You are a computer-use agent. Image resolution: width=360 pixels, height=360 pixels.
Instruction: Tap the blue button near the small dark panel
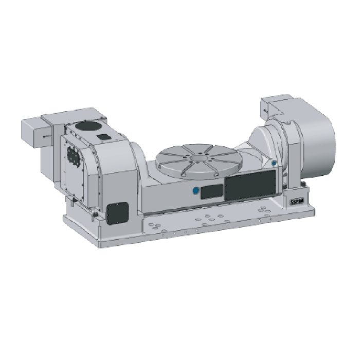click(195, 191)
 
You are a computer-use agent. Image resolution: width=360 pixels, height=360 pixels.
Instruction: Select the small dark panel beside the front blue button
click(210, 192)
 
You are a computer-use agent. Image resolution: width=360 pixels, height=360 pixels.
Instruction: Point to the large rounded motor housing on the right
click(314, 135)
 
